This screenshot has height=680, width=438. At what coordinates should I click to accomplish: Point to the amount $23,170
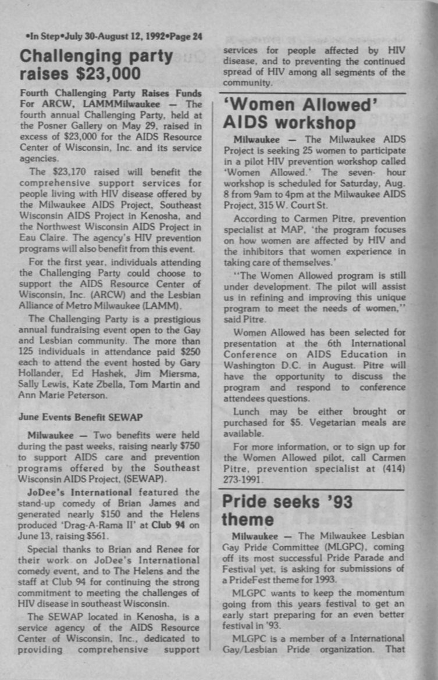tap(69, 172)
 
